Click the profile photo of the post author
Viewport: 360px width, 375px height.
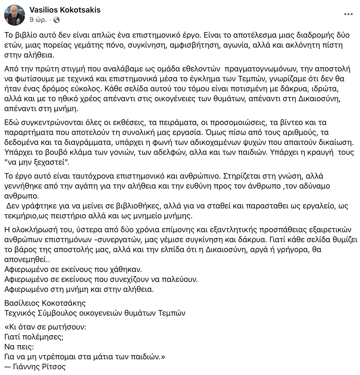15,15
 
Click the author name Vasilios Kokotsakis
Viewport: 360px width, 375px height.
65,10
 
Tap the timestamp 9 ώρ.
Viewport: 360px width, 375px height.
38,20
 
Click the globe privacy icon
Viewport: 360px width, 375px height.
56,20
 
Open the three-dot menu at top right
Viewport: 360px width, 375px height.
348,14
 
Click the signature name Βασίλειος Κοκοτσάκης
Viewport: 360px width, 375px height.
45,303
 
